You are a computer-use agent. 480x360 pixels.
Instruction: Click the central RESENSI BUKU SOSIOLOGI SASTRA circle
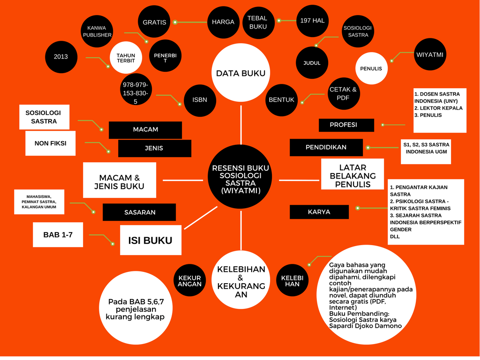click(x=240, y=176)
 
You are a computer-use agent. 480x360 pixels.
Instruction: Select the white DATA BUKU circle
click(x=240, y=73)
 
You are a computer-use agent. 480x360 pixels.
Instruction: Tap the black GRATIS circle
click(x=154, y=22)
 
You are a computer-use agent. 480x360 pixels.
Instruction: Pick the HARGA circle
click(x=223, y=22)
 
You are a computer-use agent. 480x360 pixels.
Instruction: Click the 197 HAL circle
click(x=312, y=21)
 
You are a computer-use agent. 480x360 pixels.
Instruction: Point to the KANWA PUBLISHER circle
click(x=97, y=31)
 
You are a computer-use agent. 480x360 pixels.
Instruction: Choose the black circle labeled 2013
click(x=61, y=57)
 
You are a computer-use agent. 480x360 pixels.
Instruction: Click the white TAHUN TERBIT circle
click(x=126, y=58)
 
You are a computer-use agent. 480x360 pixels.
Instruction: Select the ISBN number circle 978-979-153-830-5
click(x=135, y=92)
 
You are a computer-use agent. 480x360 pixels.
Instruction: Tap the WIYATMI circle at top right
click(x=430, y=55)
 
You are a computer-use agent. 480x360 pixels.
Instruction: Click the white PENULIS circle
click(x=371, y=68)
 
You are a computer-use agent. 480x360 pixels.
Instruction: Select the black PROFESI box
click(x=346, y=125)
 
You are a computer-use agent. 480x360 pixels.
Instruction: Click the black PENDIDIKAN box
click(x=326, y=147)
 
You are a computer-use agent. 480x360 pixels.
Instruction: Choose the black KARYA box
click(x=319, y=212)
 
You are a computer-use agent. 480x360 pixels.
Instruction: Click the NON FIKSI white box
click(x=50, y=143)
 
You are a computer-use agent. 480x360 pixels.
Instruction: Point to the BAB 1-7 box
click(x=58, y=235)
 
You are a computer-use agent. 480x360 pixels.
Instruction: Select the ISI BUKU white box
click(x=150, y=240)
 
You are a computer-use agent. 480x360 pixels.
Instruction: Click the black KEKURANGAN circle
click(x=189, y=281)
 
